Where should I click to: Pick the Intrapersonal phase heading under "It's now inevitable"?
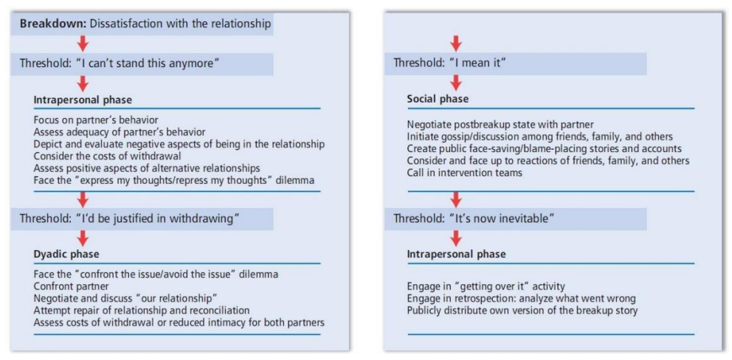pos(456,255)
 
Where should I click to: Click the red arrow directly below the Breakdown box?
pos(83,44)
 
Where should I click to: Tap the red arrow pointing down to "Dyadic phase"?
pos(83,238)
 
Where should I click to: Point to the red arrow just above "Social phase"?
pos(456,82)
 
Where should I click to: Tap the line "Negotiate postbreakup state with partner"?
pos(501,125)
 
